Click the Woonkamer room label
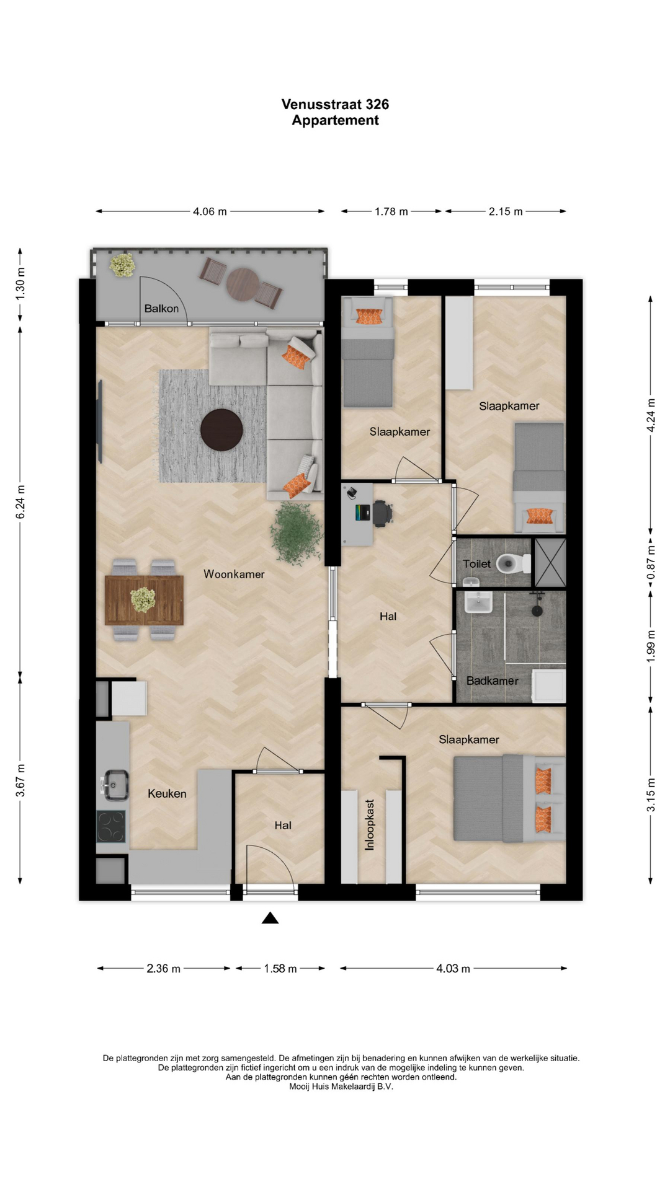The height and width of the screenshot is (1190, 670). pos(234,575)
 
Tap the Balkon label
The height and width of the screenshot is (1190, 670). pos(161,309)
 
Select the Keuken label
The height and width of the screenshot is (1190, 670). pos(167,793)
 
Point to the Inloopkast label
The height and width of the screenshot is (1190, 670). pos(370,824)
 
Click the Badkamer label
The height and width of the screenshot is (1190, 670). pos(493,681)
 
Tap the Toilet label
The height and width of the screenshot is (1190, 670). pos(476,564)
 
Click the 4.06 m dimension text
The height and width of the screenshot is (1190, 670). pos(210,211)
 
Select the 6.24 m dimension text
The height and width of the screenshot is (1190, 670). pos(20,502)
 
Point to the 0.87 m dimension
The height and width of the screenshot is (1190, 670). pos(651,563)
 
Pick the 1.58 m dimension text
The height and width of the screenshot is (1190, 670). pos(280,969)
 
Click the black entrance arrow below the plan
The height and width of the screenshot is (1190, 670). pos(270,918)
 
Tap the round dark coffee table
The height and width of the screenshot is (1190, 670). pos(221,430)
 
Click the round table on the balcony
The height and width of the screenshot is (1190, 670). pos(242,284)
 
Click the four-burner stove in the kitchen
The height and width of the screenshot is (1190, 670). pos(111,826)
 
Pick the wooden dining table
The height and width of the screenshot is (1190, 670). pos(144,600)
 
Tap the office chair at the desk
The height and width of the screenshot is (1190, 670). pos(382,513)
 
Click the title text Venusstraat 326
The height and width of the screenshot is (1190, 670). pos(335,104)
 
